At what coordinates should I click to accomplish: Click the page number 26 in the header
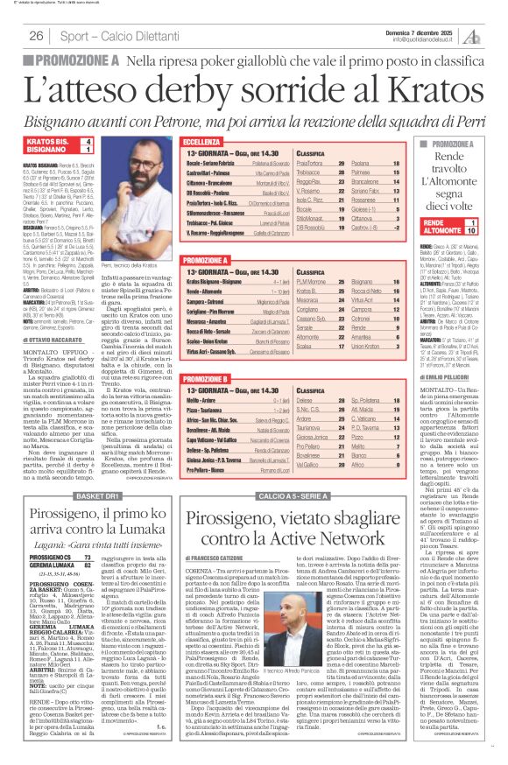click(36, 36)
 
